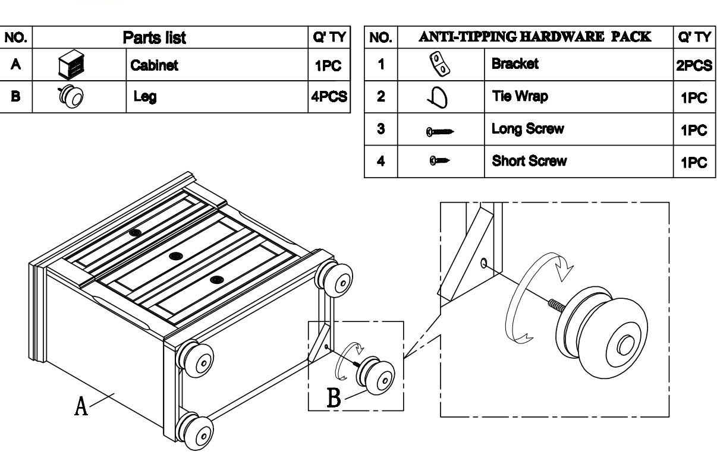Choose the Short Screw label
pos(529,161)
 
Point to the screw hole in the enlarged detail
pos(485,261)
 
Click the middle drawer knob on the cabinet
pos(175,256)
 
